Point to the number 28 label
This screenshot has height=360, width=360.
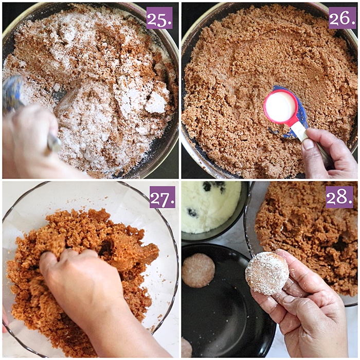click(x=339, y=197)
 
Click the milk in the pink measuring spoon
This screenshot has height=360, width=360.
click(x=280, y=106)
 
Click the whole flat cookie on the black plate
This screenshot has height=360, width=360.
click(x=199, y=270)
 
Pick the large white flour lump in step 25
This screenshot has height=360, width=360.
click(x=154, y=103)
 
